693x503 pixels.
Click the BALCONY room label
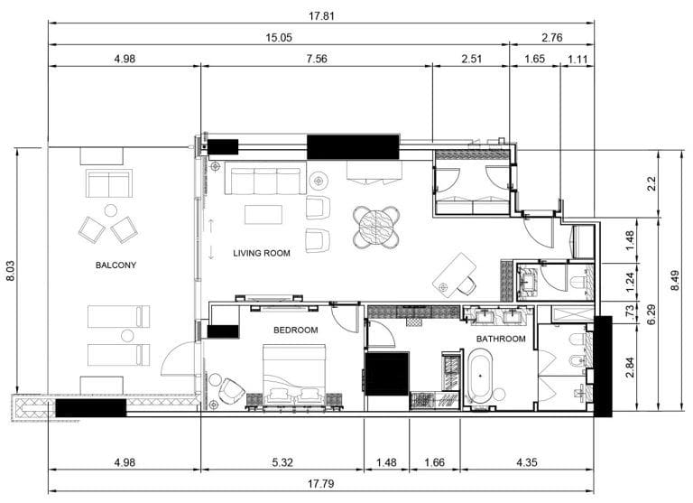(x=115, y=265)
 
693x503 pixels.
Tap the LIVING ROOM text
(x=262, y=254)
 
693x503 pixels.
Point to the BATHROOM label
(x=501, y=339)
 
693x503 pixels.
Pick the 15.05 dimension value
(x=278, y=38)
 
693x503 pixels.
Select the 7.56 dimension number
(x=317, y=60)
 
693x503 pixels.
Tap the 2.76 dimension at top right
(x=551, y=38)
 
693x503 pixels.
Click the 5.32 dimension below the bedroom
(x=282, y=462)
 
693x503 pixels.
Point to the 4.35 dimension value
(x=526, y=462)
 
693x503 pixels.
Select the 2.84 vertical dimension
(x=629, y=367)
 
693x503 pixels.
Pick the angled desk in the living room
(x=455, y=273)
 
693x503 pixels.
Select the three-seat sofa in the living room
(x=264, y=182)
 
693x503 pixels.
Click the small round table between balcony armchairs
(x=110, y=210)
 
